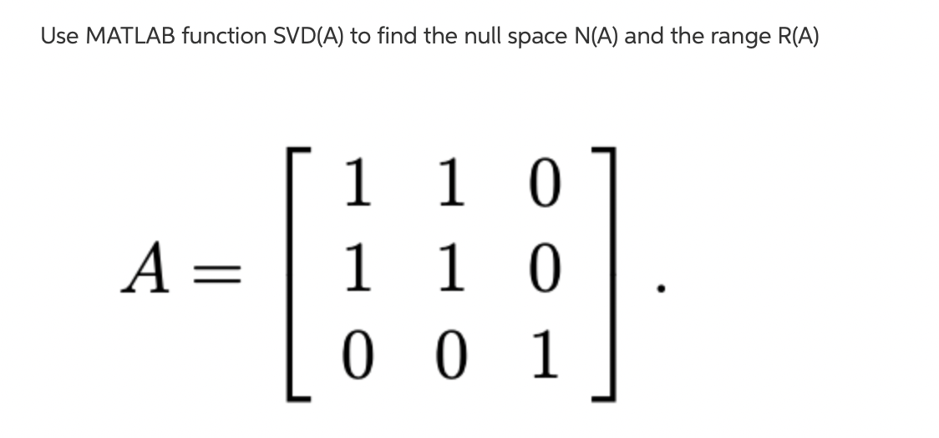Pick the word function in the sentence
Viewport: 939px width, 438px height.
pos(220,37)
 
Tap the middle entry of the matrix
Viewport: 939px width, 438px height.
pos(449,270)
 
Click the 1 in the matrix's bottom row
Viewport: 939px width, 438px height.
pos(542,357)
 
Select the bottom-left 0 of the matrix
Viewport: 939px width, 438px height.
pos(357,357)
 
